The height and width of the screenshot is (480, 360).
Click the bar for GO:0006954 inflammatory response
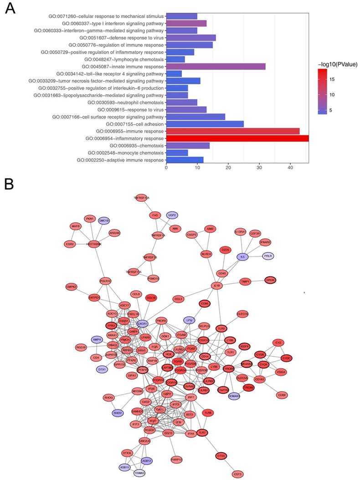237,138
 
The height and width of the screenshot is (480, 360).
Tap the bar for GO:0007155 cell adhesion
205,124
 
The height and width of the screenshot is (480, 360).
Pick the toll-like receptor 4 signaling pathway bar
174,74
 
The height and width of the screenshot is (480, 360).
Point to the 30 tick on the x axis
259,168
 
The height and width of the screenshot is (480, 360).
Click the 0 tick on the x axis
166,168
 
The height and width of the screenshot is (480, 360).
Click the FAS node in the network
155,214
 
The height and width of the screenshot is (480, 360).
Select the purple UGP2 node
172,214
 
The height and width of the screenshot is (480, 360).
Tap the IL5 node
243,257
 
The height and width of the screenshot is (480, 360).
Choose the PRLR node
268,256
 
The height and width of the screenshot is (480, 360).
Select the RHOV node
118,413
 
